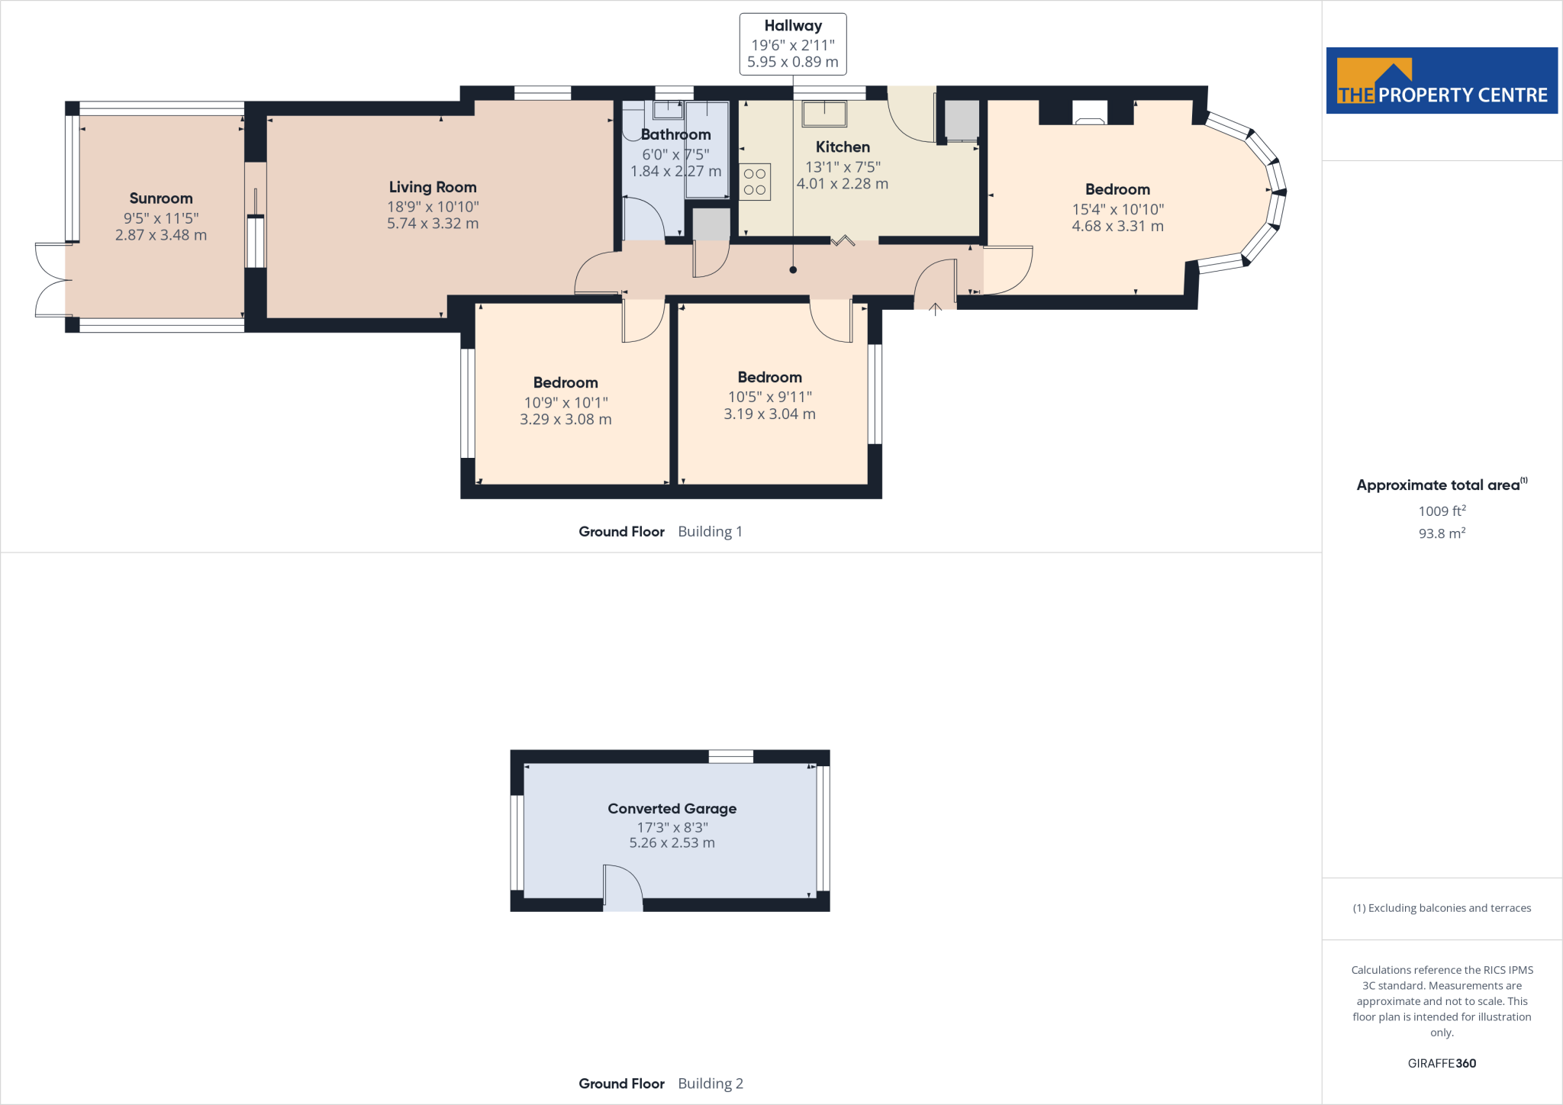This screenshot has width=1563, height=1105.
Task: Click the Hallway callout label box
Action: (792, 44)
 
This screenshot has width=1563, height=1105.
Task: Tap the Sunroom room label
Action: (160, 198)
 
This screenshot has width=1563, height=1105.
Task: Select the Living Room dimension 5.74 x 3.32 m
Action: (432, 224)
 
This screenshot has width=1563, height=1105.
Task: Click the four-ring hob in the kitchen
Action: (755, 182)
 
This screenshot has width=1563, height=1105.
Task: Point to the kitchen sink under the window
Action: (824, 114)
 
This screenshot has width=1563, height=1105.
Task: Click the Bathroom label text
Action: (675, 134)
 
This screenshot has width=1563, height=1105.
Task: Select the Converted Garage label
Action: (672, 808)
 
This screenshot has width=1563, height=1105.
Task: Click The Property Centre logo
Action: (1441, 81)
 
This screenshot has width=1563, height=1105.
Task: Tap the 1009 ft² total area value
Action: (1441, 511)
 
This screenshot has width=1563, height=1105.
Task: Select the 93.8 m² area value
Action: (1441, 533)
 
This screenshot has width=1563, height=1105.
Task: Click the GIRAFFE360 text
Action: (1441, 1063)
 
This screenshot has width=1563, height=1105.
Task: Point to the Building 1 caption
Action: (710, 531)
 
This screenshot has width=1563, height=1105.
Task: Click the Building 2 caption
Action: (710, 1084)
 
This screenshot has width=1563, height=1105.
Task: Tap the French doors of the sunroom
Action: (52, 279)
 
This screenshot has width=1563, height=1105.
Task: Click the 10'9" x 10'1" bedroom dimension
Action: (566, 402)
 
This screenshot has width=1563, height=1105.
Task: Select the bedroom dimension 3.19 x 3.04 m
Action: (769, 414)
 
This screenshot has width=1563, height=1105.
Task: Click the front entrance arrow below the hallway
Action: (935, 308)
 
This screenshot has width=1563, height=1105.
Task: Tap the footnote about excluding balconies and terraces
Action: (1441, 908)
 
